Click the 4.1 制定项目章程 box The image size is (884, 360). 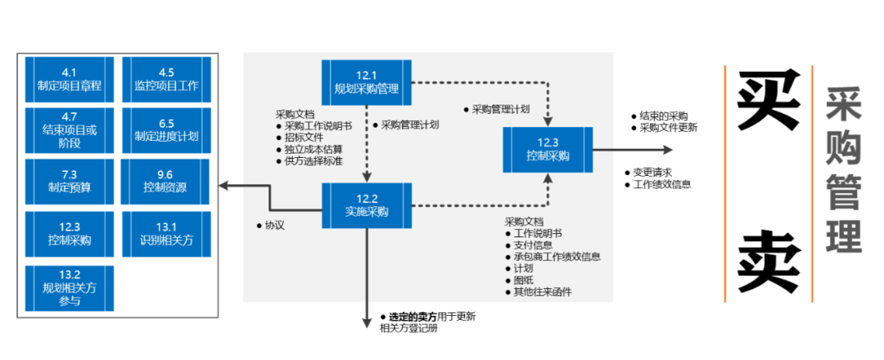(x=70, y=79)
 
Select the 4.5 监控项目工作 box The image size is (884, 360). (x=166, y=79)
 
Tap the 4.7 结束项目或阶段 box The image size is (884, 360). (x=70, y=130)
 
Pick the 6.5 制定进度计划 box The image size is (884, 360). (x=166, y=130)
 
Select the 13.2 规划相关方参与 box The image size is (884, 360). (x=70, y=287)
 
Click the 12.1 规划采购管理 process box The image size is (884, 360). (x=367, y=82)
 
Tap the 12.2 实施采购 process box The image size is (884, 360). (x=367, y=205)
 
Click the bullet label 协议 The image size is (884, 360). (x=274, y=225)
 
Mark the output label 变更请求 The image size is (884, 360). (x=652, y=173)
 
